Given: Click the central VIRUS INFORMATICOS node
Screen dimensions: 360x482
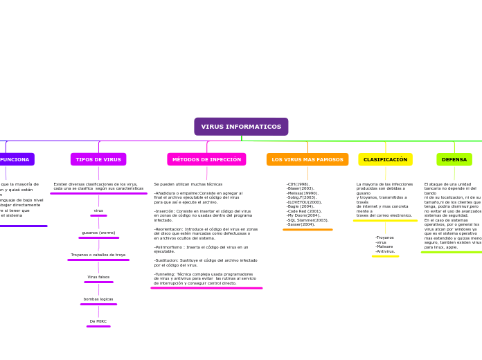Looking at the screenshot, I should (x=241, y=127).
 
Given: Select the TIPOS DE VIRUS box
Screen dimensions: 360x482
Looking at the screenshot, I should (x=98, y=159).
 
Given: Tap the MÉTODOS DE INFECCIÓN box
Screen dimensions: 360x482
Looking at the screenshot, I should (x=206, y=159).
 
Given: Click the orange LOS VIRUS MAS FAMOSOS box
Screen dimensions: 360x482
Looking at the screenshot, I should (x=307, y=159).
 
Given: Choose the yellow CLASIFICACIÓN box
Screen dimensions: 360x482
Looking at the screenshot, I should (x=385, y=159).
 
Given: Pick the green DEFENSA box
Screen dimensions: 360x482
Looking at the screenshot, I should (x=454, y=159).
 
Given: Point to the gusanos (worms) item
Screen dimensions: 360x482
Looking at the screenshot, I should (x=98, y=233).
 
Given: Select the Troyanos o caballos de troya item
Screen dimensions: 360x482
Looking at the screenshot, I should (x=98, y=255).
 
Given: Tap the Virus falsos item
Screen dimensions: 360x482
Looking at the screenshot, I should (x=98, y=277).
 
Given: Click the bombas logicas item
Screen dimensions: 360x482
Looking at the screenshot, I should (x=98, y=299).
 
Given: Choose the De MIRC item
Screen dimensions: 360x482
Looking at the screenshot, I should (x=98, y=321).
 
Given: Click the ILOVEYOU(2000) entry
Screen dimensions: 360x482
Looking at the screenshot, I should (x=305, y=202).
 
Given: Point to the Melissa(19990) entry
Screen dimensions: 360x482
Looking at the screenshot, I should (x=303, y=193).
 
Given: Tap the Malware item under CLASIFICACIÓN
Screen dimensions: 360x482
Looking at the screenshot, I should (x=384, y=246).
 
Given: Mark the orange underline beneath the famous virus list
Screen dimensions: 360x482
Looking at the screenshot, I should (x=307, y=229).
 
